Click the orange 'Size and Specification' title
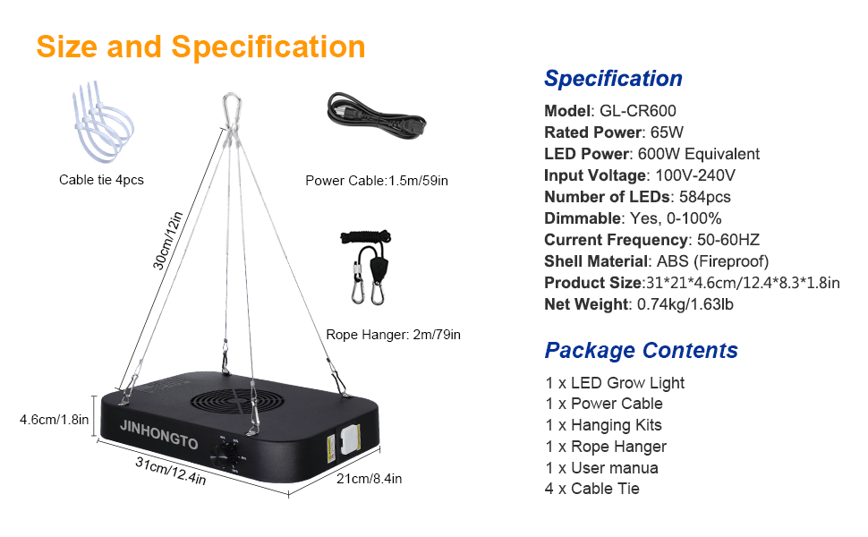pyautogui.click(x=200, y=47)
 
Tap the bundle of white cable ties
pyautogui.click(x=102, y=122)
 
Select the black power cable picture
pyautogui.click(x=377, y=115)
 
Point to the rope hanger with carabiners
pyautogui.click(x=366, y=267)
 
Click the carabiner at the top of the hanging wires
pyautogui.click(x=232, y=110)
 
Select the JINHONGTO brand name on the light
pyautogui.click(x=159, y=435)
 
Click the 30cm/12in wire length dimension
pyautogui.click(x=167, y=241)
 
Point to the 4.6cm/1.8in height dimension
pyautogui.click(x=54, y=420)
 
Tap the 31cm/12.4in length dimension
pyautogui.click(x=171, y=471)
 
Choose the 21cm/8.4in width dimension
pyautogui.click(x=370, y=478)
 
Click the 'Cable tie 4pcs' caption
pyautogui.click(x=101, y=180)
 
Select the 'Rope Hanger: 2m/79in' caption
pyautogui.click(x=393, y=335)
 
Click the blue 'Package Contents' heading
pyautogui.click(x=641, y=351)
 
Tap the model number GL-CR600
pyautogui.click(x=638, y=111)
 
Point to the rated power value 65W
pyautogui.click(x=667, y=132)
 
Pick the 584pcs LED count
pyautogui.click(x=705, y=197)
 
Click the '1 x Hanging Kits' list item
pyautogui.click(x=603, y=425)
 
